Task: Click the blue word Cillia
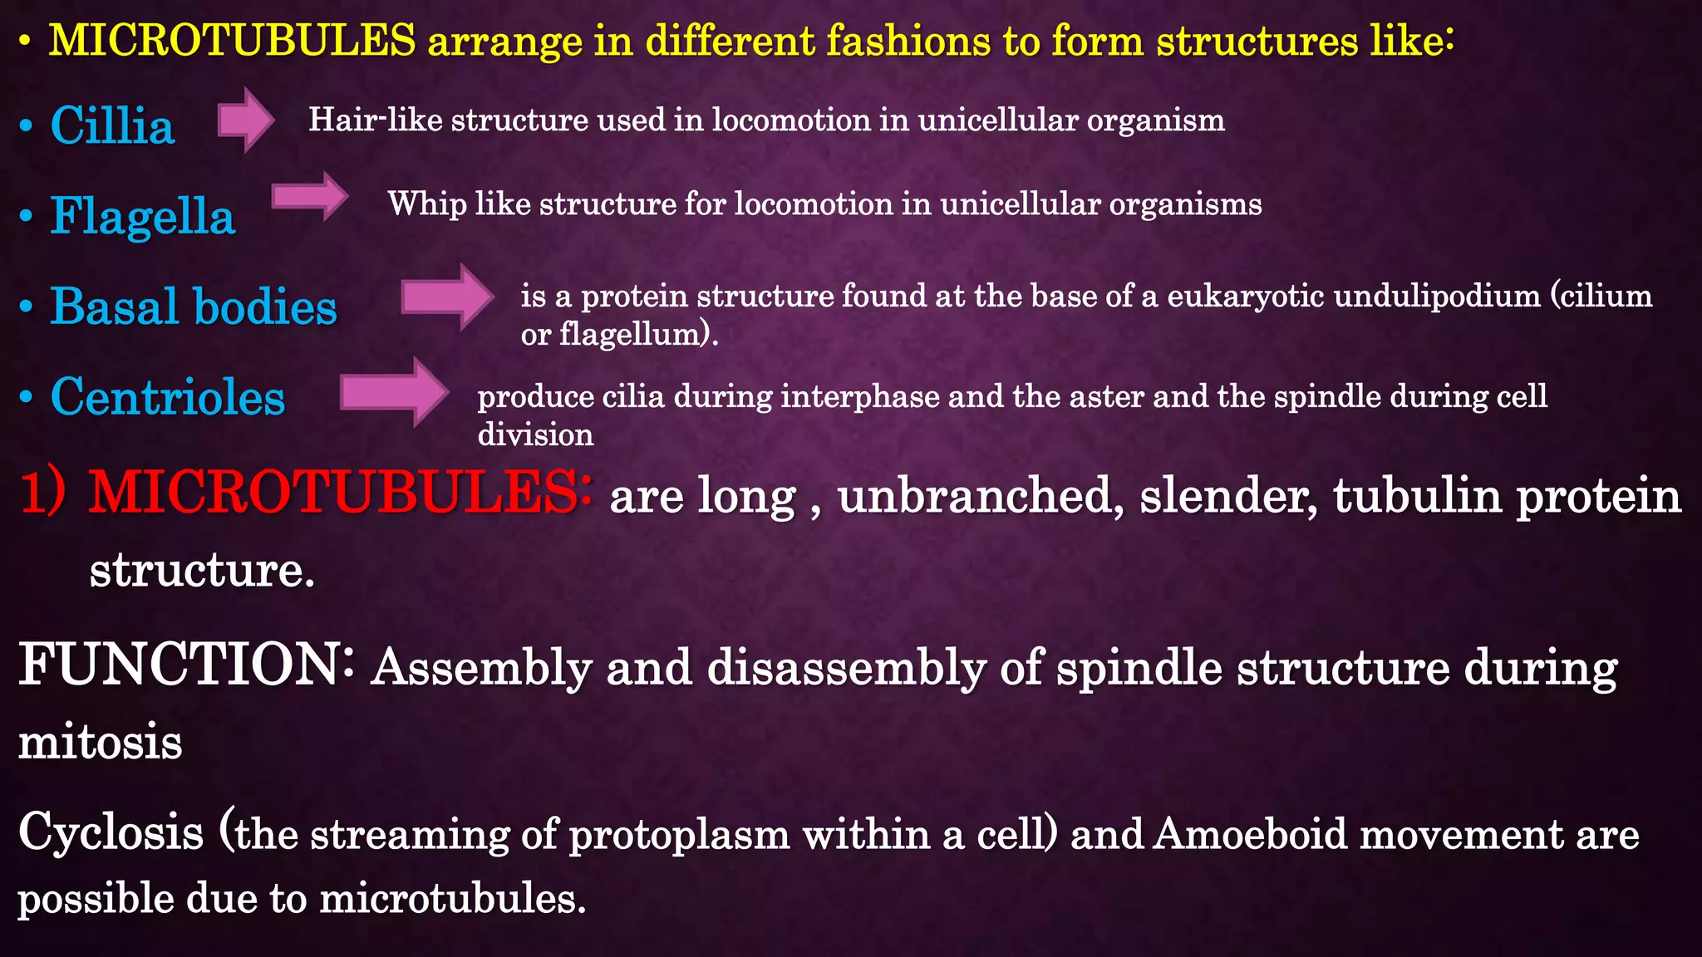coord(112,126)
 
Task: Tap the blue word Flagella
coord(142,217)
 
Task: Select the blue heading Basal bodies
coord(193,307)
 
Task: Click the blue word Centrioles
coord(167,396)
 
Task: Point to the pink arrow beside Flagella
coord(310,197)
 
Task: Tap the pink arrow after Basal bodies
coord(447,297)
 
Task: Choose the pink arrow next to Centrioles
coord(394,392)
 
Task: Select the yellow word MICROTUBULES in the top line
coord(232,40)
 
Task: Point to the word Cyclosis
coord(111,832)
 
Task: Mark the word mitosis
coord(100,742)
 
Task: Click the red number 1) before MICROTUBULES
coord(42,493)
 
